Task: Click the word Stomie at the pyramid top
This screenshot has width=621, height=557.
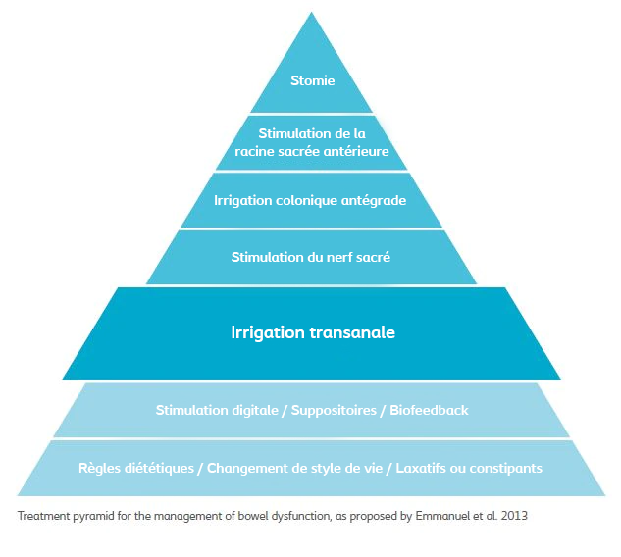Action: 311,80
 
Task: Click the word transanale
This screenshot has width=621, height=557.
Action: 350,332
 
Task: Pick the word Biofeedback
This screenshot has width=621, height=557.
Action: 429,410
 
